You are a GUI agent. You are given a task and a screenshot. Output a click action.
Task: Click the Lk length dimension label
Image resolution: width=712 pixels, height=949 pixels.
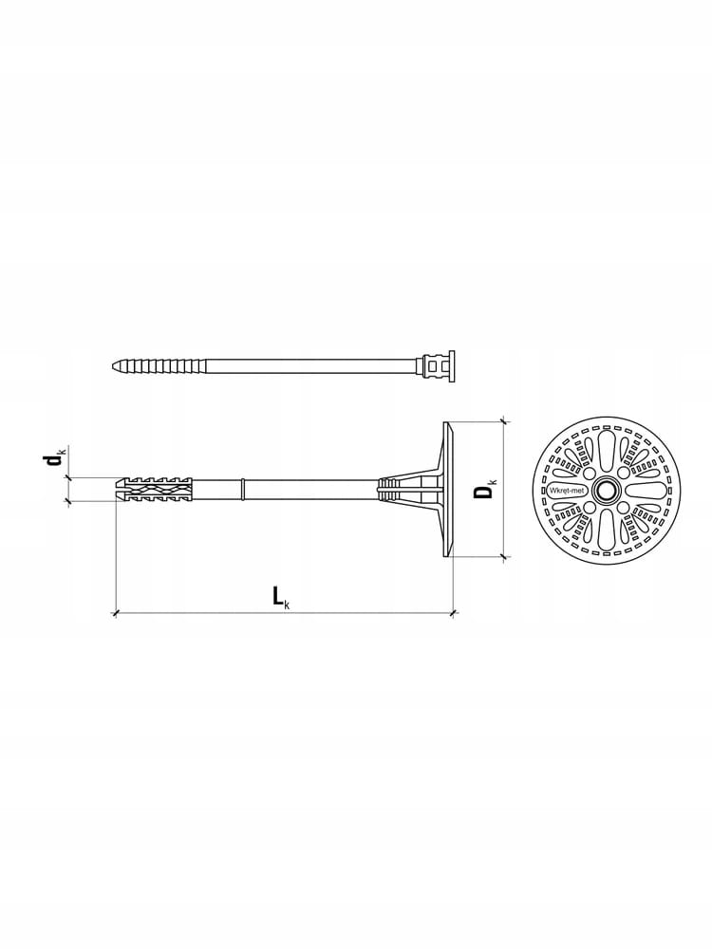[281, 597]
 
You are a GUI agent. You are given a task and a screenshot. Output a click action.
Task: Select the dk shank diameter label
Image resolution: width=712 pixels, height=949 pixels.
[55, 459]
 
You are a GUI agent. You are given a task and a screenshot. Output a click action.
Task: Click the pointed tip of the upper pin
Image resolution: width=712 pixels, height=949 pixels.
[113, 366]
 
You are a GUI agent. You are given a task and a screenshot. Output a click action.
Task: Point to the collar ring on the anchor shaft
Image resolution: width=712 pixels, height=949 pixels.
[243, 490]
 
